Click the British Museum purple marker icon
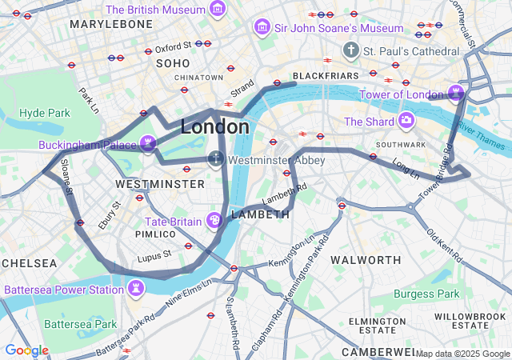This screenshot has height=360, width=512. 217,10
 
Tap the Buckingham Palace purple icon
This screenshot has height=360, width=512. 147,144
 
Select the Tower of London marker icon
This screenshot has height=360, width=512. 456,93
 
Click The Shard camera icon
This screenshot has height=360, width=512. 406,121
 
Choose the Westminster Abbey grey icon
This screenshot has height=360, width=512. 216,159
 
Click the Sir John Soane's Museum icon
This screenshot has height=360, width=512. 261,28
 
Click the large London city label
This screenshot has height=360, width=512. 214,126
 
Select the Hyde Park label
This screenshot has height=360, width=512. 44,113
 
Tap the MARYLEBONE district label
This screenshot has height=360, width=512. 111,25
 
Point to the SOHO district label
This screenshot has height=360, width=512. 173,62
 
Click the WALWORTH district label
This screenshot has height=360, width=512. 366,260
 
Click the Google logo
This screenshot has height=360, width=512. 26,350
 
